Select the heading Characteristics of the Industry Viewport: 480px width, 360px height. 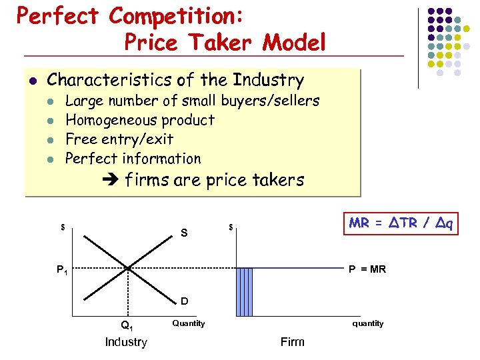[175, 81]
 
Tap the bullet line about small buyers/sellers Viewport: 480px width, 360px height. [192, 101]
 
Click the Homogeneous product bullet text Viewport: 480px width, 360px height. [140, 121]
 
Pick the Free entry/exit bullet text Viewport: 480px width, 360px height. [119, 139]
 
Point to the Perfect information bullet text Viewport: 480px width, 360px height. [133, 159]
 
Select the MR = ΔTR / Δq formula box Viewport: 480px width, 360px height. [401, 223]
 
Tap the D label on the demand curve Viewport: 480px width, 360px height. [184, 302]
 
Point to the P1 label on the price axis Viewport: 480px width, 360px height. [61, 270]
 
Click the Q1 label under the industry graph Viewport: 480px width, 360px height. [126, 326]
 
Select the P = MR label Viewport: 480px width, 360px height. [367, 269]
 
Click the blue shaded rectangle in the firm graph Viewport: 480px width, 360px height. [245, 291]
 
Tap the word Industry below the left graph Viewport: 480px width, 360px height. [126, 342]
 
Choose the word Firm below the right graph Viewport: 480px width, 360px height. [292, 342]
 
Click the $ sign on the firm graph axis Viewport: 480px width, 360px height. [231, 228]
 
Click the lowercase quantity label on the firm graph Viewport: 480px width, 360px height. [368, 323]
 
